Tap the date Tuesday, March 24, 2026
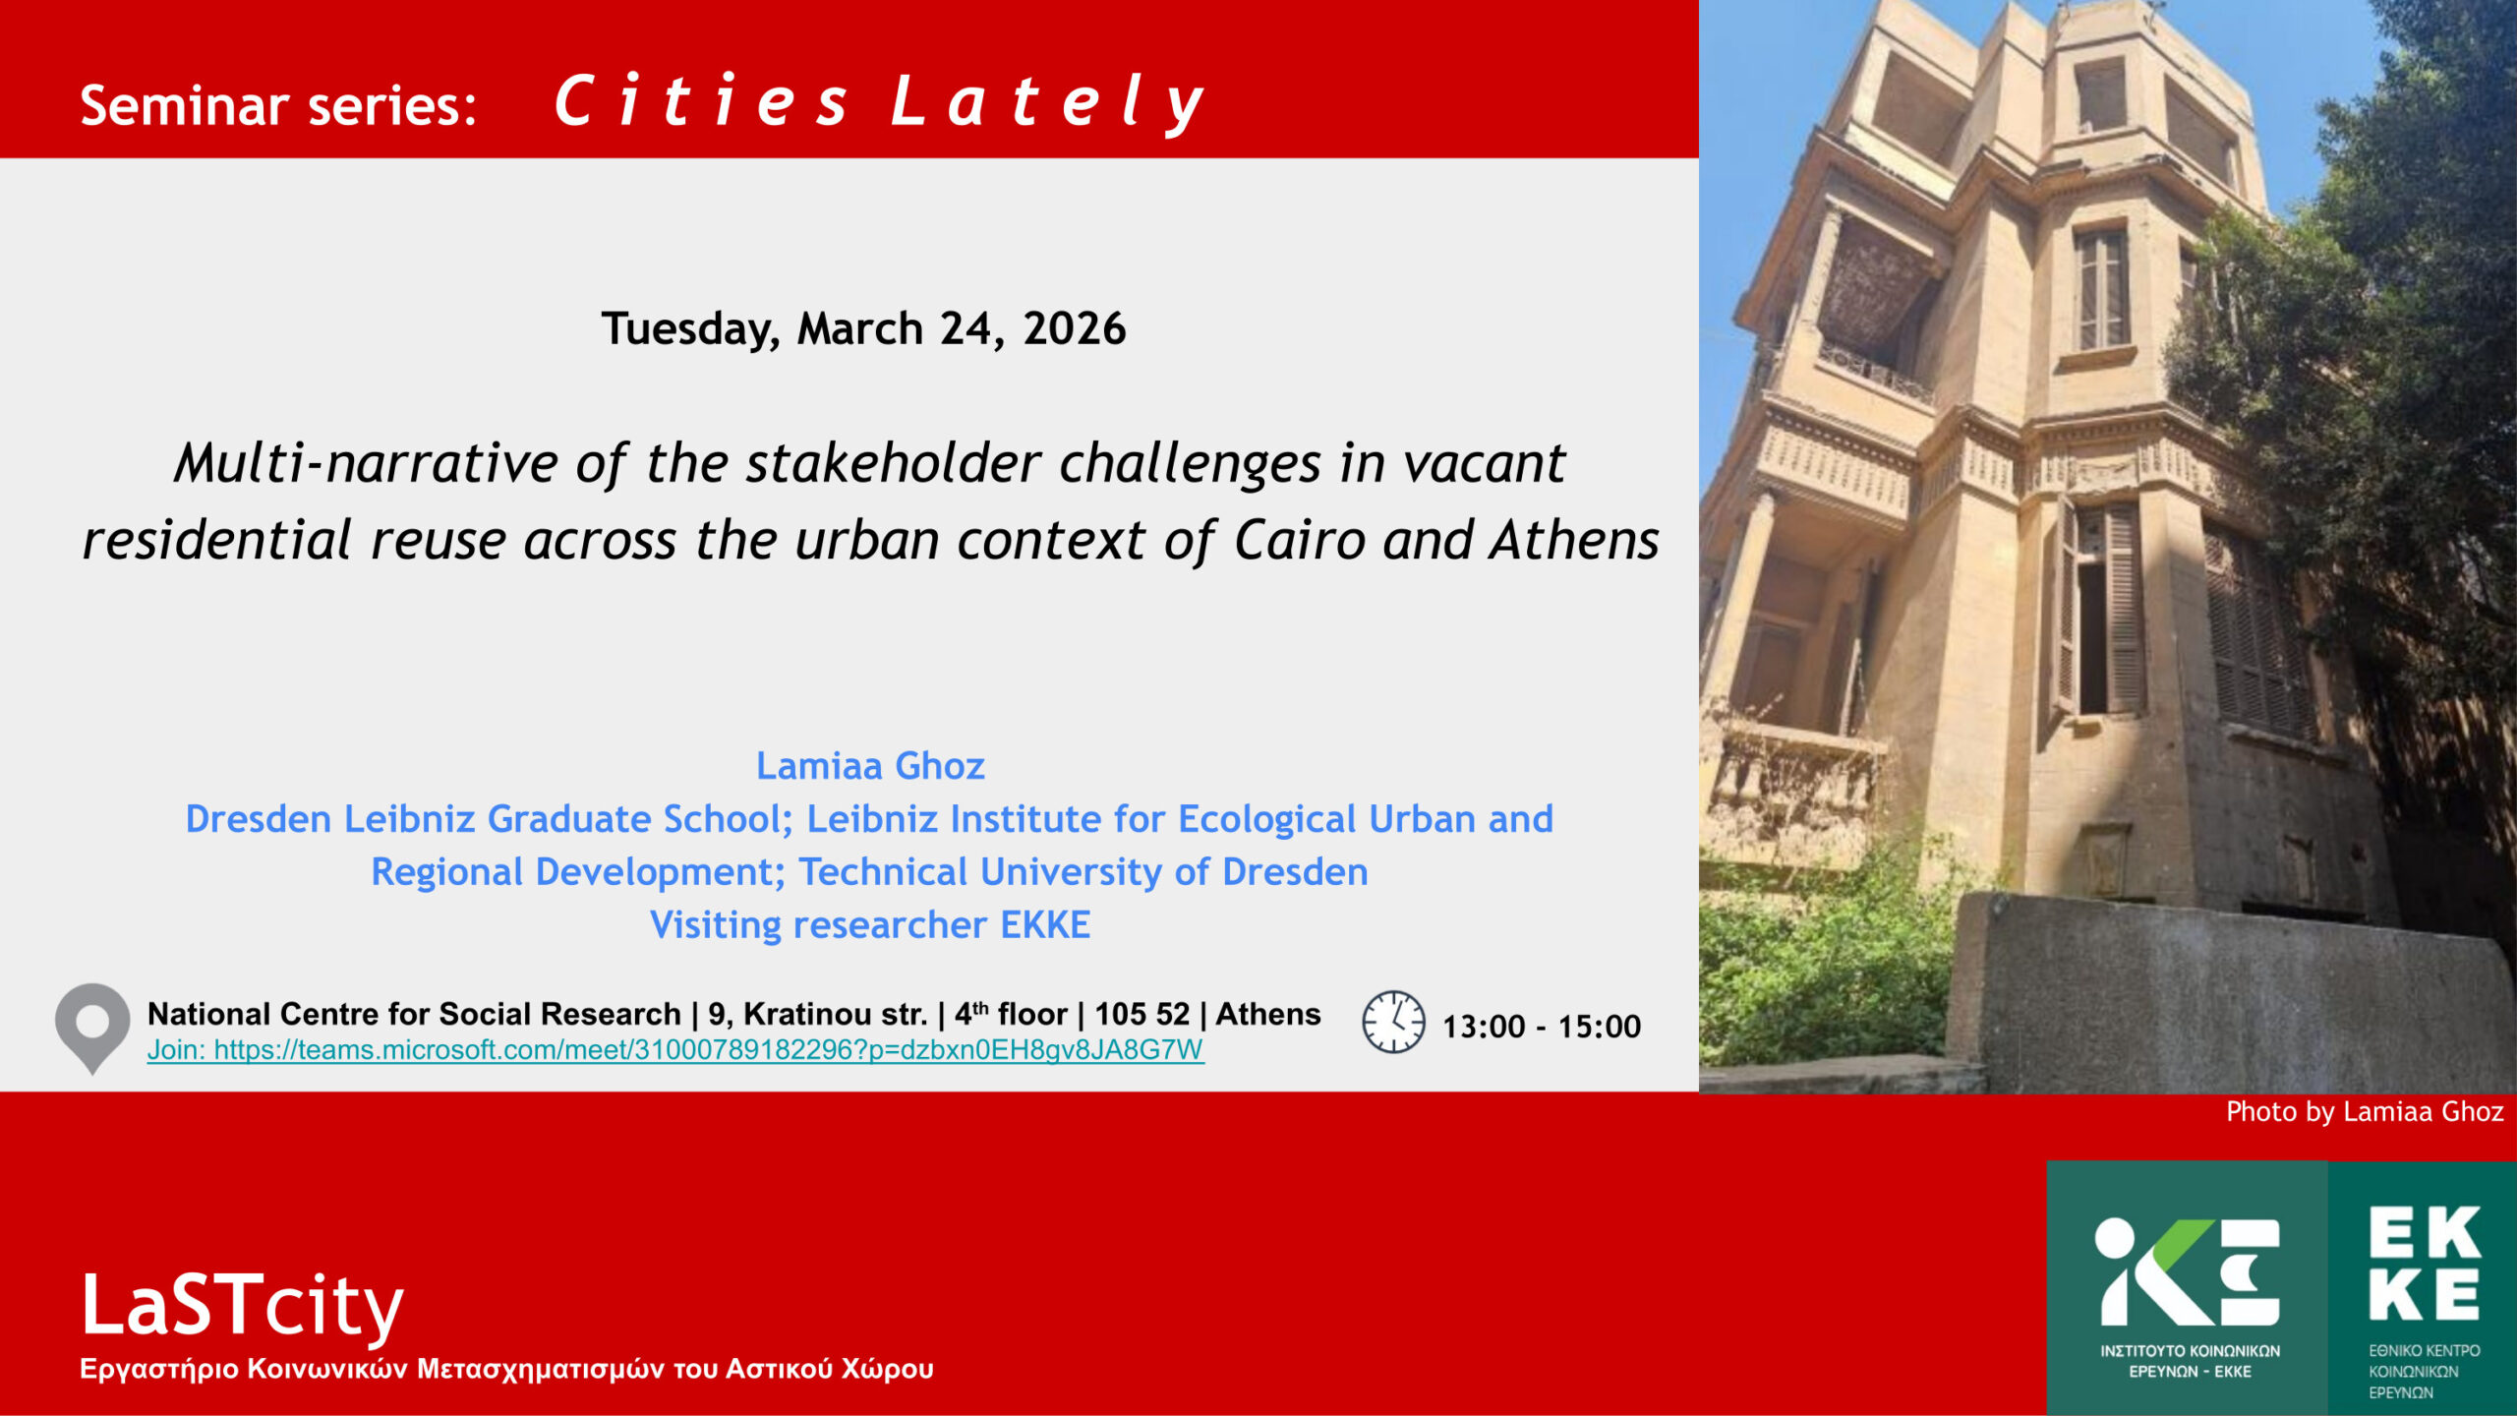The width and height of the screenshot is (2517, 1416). (864, 328)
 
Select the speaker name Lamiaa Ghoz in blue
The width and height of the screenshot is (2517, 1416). (870, 766)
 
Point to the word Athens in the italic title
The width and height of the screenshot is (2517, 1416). (1574, 541)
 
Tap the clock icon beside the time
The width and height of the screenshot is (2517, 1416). (1393, 1023)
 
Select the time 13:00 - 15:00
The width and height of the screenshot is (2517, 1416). (1542, 1027)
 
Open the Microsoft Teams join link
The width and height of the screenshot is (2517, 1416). (675, 1050)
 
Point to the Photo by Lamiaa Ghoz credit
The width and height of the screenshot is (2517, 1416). (2365, 1112)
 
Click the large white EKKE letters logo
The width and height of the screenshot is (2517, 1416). (2425, 1264)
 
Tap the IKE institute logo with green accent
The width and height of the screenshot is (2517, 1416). (2188, 1272)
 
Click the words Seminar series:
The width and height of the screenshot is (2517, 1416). (278, 105)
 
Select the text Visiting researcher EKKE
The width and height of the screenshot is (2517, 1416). (870, 925)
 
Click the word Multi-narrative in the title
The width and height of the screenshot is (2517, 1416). (367, 463)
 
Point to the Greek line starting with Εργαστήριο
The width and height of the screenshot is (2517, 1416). (506, 1370)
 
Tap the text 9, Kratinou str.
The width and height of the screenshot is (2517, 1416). (818, 1014)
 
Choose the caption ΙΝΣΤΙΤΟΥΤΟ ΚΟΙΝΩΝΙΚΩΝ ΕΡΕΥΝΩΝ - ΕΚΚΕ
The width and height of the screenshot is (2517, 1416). (2191, 1362)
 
